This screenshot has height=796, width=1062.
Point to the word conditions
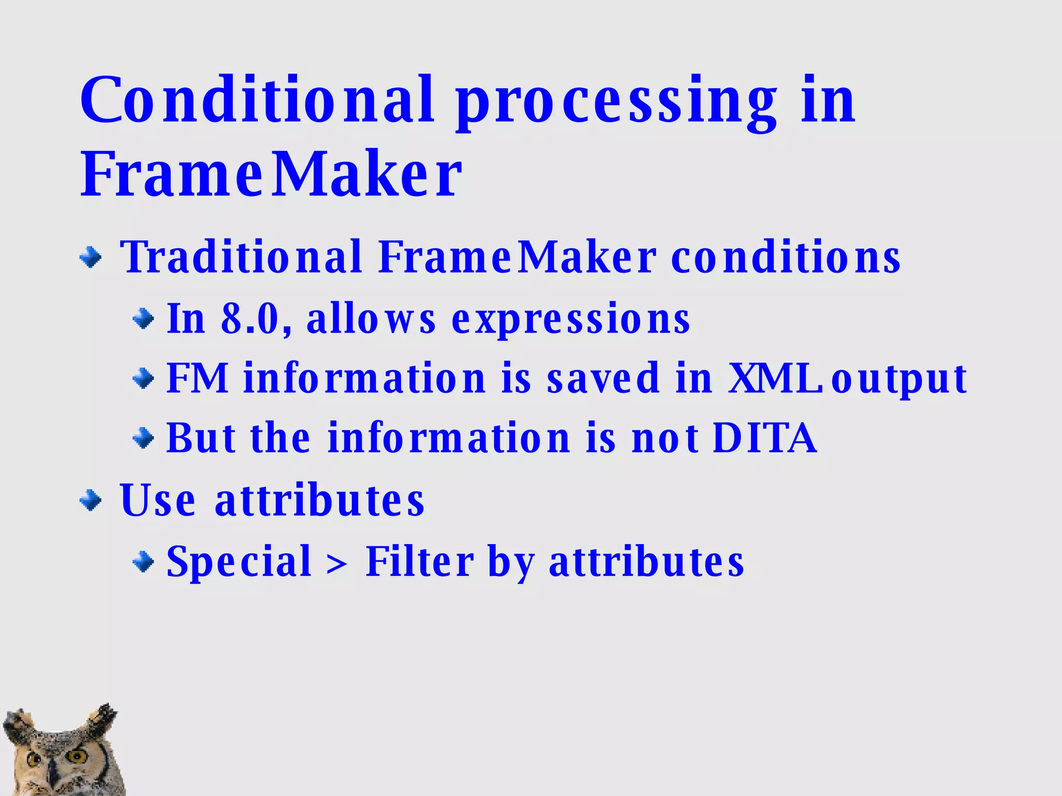click(x=785, y=257)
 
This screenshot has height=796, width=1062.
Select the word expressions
click(x=570, y=319)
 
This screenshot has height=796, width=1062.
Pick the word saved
click(x=604, y=378)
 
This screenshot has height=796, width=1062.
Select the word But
click(x=201, y=438)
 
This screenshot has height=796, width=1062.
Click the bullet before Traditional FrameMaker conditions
click(x=91, y=257)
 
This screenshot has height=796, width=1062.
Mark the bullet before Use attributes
click(x=91, y=501)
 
